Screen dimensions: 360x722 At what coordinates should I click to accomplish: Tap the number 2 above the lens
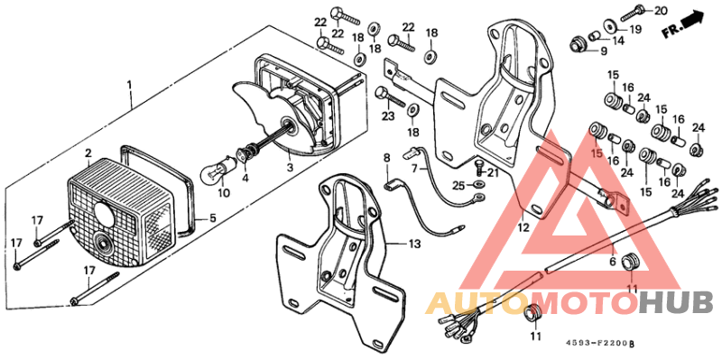88,152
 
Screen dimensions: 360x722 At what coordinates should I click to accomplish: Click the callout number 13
414,245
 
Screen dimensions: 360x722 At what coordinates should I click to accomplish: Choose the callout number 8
386,158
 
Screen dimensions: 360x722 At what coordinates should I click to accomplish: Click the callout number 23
388,116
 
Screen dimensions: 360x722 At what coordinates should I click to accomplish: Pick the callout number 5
213,217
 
